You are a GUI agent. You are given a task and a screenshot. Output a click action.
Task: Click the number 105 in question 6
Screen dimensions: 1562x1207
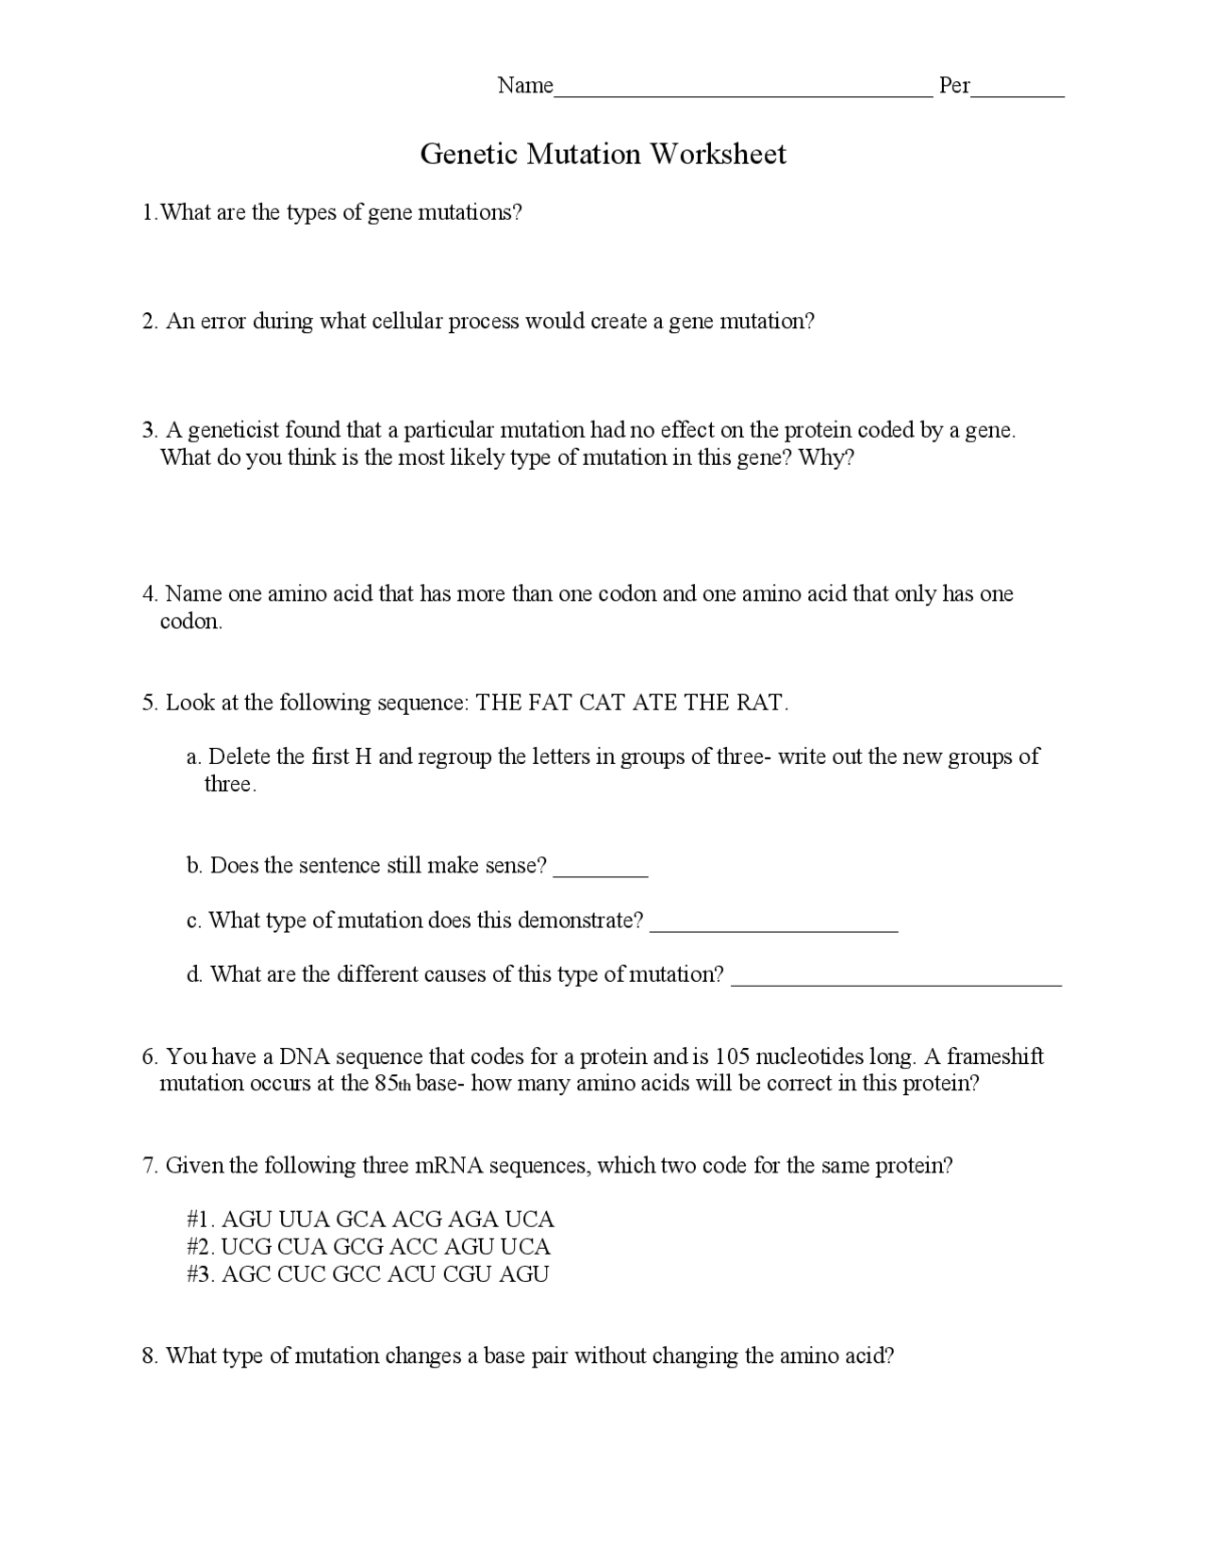[x=732, y=1056]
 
